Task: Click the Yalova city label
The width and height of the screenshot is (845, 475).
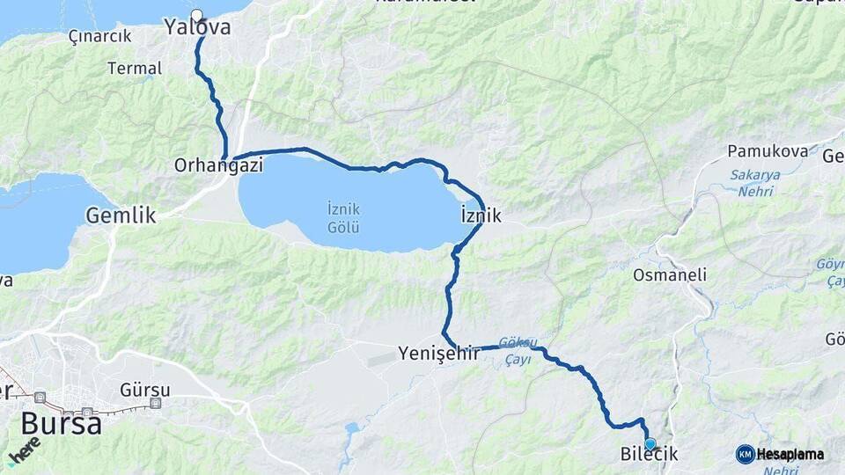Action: (x=198, y=28)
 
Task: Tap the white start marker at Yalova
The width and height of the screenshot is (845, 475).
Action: (x=196, y=15)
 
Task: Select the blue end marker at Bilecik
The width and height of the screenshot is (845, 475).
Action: (x=650, y=444)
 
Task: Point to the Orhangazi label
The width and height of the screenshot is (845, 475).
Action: (x=218, y=164)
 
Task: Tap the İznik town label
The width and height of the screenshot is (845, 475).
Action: (x=481, y=215)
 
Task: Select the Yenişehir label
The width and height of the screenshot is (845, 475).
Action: (x=438, y=354)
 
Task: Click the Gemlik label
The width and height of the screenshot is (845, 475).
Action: (x=121, y=215)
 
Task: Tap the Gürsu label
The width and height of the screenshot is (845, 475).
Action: (x=145, y=389)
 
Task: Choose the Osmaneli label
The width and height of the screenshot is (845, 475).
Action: (x=670, y=275)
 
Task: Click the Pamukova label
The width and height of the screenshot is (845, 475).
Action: (x=768, y=151)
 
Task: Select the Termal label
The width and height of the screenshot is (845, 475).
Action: (x=135, y=68)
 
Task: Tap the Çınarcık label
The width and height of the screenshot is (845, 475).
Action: (x=99, y=36)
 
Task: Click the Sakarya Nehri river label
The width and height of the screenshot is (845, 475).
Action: (x=754, y=182)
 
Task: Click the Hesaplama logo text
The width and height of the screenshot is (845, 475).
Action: (x=790, y=454)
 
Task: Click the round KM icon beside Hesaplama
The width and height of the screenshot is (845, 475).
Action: (x=745, y=454)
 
